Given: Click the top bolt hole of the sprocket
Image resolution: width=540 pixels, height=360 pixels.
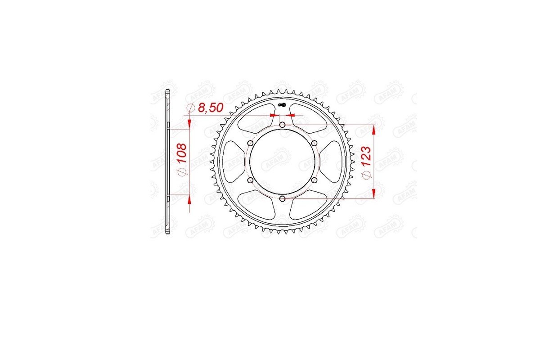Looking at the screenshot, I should click(x=282, y=125).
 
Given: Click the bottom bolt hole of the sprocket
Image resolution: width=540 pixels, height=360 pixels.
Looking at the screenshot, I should click(x=282, y=198).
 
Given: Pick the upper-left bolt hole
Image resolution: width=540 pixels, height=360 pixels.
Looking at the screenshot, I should click(x=250, y=143).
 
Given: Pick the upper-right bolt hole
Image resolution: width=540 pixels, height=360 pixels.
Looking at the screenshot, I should click(x=314, y=143).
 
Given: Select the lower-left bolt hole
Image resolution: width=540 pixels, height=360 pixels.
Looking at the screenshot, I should click(x=250, y=180).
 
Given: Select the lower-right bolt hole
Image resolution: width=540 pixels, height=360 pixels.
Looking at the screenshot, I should click(x=314, y=180).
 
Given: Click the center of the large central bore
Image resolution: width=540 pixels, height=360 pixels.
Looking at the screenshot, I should click(x=282, y=161).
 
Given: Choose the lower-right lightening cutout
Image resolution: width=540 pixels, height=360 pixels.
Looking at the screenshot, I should click(x=308, y=204).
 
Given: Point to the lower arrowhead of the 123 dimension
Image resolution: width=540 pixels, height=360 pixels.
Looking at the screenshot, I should click(x=373, y=193).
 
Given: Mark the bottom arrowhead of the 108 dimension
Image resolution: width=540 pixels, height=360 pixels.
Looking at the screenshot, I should click(x=189, y=200).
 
